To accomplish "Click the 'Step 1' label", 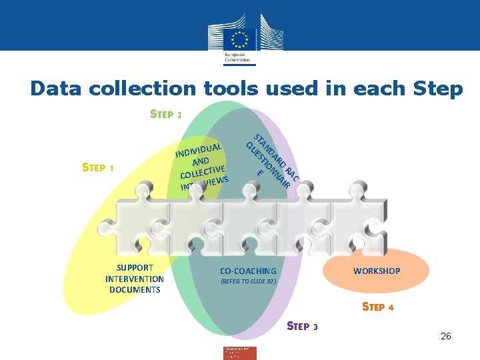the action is click(98, 167).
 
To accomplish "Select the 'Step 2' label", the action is click(166, 114).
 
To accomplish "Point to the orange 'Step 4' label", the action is click(377, 307).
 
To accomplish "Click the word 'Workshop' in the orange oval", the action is click(377, 271).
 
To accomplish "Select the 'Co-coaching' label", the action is click(248, 271).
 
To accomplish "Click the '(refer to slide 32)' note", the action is click(248, 281).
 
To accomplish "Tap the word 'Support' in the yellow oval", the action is click(135, 268).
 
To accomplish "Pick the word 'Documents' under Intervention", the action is click(135, 289).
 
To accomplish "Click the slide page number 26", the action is click(446, 336).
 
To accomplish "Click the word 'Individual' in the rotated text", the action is click(199, 149).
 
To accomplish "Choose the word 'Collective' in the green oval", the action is click(202, 168).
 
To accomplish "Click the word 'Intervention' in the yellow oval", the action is click(135, 279).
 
